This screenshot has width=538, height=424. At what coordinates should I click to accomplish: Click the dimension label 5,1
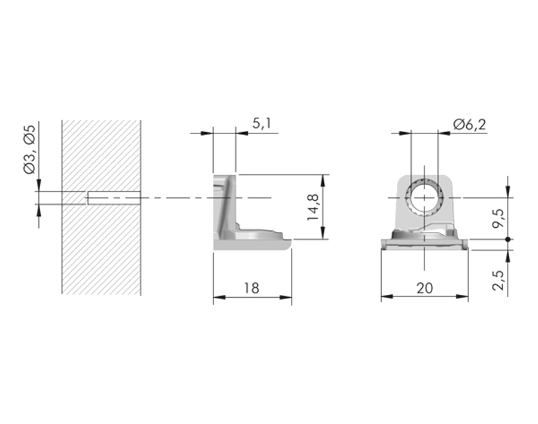pyautogui.click(x=262, y=123)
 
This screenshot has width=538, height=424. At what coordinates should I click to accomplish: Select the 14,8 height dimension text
pyautogui.click(x=313, y=207)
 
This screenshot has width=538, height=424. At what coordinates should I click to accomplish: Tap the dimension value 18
pyautogui.click(x=251, y=288)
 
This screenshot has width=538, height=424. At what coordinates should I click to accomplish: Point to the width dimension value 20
pyautogui.click(x=425, y=288)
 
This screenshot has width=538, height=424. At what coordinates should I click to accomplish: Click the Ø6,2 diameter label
pyautogui.click(x=469, y=124)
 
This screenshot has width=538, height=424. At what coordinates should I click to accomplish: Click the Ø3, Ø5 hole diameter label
pyautogui.click(x=29, y=150)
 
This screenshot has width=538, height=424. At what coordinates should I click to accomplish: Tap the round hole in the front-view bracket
pyautogui.click(x=424, y=198)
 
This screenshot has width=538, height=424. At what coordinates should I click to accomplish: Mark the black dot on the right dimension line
pyautogui.click(x=508, y=239)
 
